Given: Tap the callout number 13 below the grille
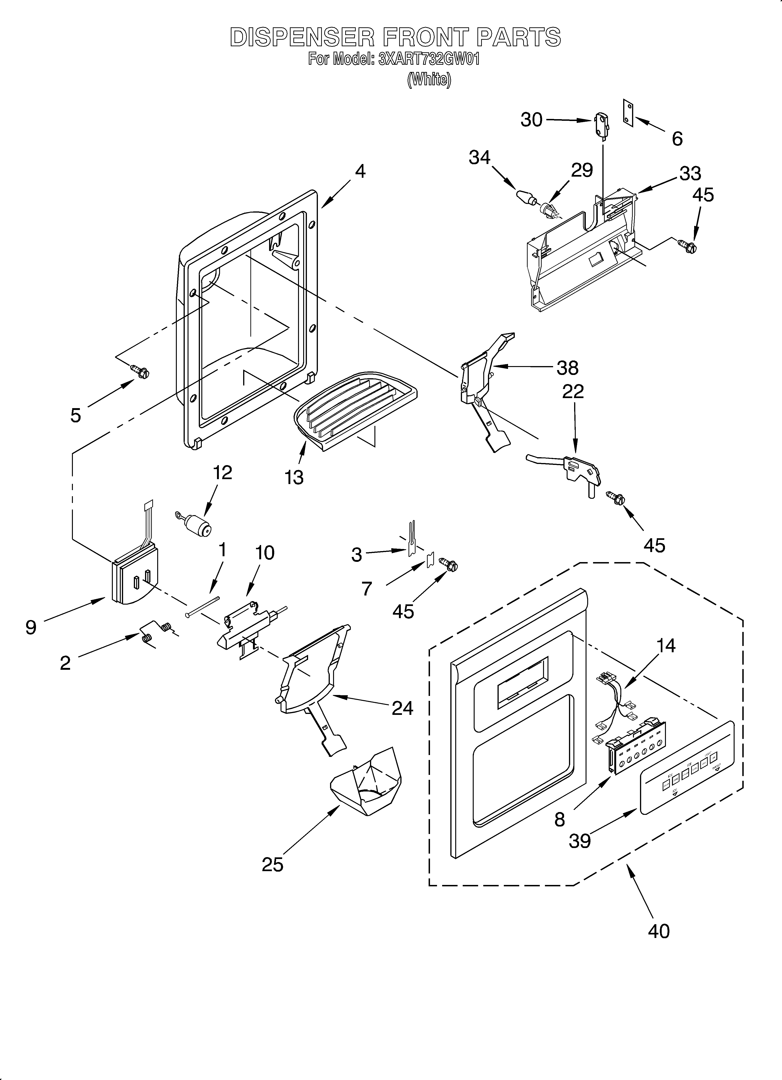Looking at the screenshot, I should [294, 477].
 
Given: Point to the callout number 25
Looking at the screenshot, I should [272, 864].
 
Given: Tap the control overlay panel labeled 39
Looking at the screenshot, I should [686, 769].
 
